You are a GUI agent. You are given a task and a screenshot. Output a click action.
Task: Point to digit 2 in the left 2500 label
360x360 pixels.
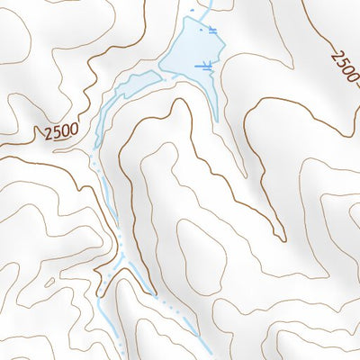46,135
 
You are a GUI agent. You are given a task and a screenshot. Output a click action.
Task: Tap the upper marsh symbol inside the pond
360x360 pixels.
212,31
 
